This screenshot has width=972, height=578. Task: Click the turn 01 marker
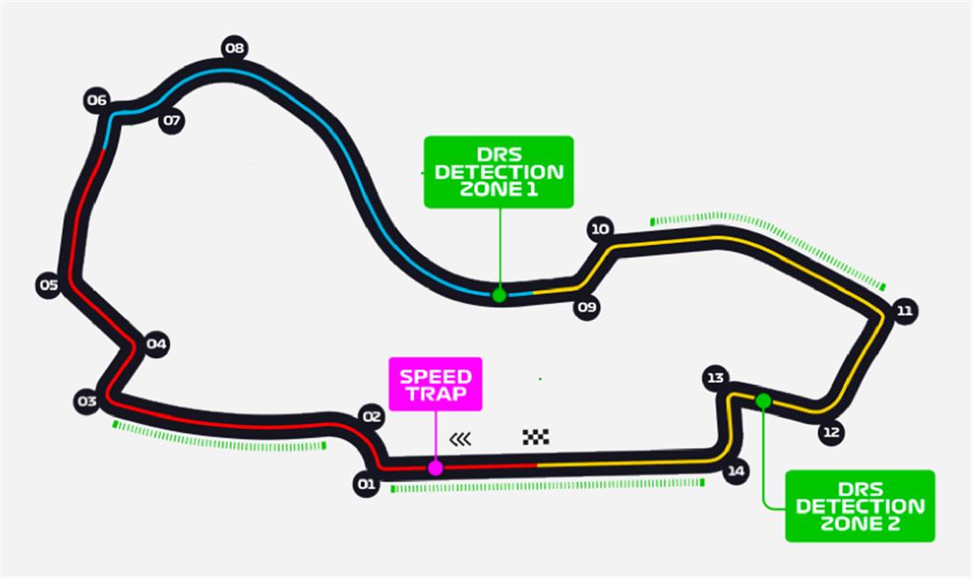click(366, 483)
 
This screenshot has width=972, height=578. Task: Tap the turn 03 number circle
click(86, 402)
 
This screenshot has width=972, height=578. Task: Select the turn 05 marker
click(49, 285)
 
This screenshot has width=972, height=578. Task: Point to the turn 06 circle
click(97, 101)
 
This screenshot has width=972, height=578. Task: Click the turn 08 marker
click(234, 48)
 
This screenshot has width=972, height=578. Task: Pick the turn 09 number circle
click(587, 308)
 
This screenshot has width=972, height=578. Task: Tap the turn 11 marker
click(904, 310)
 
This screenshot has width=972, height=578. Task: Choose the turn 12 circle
click(831, 432)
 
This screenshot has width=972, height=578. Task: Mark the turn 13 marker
click(715, 378)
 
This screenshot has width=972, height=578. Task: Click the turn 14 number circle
click(735, 471)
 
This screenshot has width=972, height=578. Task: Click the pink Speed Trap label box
click(436, 384)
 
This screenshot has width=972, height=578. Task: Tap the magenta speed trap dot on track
click(435, 468)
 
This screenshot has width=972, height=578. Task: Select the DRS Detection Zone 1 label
click(498, 171)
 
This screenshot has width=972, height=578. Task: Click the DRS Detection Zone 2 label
click(860, 506)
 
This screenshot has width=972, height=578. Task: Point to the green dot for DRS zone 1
click(499, 294)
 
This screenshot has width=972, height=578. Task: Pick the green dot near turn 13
click(763, 401)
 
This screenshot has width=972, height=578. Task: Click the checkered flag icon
click(535, 437)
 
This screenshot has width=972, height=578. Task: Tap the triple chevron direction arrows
click(460, 438)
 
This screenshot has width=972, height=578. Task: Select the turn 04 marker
click(156, 344)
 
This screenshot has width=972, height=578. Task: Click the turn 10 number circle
click(600, 230)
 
